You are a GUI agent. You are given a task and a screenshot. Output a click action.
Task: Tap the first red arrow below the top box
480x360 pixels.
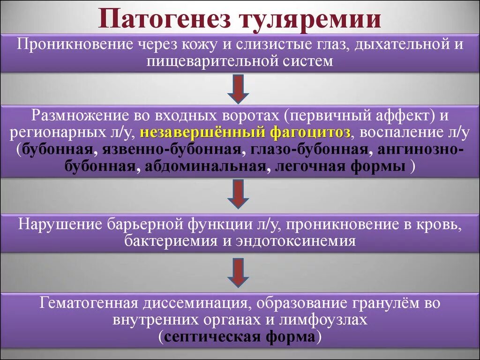[x=238, y=90]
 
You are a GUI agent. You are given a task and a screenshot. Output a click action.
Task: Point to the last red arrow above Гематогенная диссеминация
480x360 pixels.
[x=238, y=273]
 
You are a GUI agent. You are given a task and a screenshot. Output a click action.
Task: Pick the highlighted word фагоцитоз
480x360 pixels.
[x=309, y=133]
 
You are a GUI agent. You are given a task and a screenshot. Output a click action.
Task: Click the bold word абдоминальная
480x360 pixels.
[x=206, y=167]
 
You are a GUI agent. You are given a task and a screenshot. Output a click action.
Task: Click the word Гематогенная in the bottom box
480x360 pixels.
[x=89, y=303]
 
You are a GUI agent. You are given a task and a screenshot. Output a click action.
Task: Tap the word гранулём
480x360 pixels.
[x=380, y=303]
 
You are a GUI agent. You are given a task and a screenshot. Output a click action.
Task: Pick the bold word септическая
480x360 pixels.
[x=207, y=337]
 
